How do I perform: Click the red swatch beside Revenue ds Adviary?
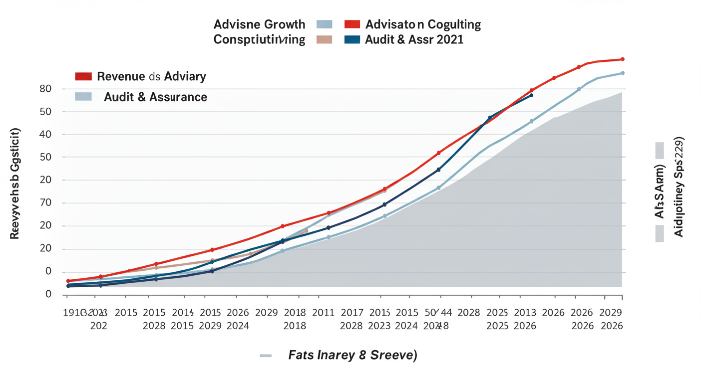pyautogui.click(x=83, y=76)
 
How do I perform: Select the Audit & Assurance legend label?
pyautogui.click(x=155, y=97)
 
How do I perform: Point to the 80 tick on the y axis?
pyautogui.click(x=45, y=89)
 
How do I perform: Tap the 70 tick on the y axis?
pyautogui.click(x=45, y=203)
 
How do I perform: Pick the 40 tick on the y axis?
pyautogui.click(x=45, y=134)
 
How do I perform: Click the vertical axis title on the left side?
pyautogui.click(x=14, y=183)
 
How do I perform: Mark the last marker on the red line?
pyautogui.click(x=622, y=59)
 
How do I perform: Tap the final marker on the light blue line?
pyautogui.click(x=622, y=73)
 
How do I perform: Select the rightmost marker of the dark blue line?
pyautogui.click(x=531, y=95)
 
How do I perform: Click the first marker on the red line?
pyautogui.click(x=68, y=281)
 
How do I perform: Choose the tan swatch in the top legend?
pyautogui.click(x=324, y=40)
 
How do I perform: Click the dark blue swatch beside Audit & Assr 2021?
pyautogui.click(x=352, y=40)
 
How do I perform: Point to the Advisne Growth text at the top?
pyautogui.click(x=259, y=24)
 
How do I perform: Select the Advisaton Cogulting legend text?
pyautogui.click(x=423, y=24)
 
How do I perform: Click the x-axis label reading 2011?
pyautogui.click(x=323, y=313)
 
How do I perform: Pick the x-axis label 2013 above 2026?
pyautogui.click(x=525, y=313)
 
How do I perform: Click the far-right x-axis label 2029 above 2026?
pyautogui.click(x=611, y=313)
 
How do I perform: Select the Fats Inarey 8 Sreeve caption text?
pyautogui.click(x=352, y=356)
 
